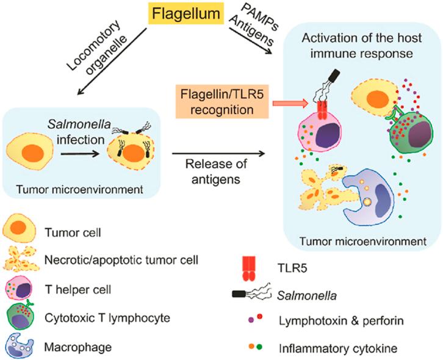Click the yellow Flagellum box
coord(186,13)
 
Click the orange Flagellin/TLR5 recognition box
coord(222,101)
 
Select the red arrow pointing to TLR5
coord(290,103)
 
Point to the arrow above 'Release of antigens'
coord(218,153)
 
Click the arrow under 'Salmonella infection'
coord(80,154)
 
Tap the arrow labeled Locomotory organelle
coord(112,61)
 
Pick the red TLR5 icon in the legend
coord(249,268)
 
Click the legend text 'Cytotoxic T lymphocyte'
coord(107,318)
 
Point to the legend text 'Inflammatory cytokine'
coord(338,348)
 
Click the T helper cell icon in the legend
coord(18,289)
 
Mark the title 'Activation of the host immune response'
coord(362,46)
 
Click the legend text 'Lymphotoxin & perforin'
coord(341,321)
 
